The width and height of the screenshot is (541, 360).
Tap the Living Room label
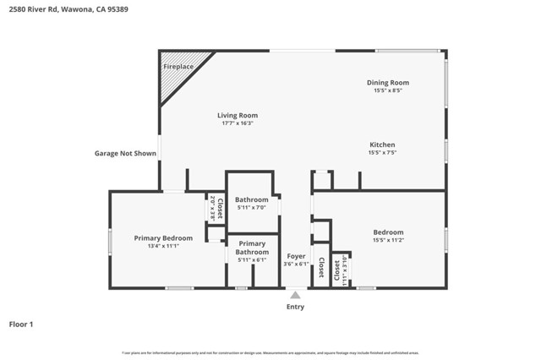pyautogui.click(x=238, y=115)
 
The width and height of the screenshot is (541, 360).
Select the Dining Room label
pyautogui.click(x=387, y=82)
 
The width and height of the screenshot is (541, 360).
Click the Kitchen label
pyautogui.click(x=382, y=145)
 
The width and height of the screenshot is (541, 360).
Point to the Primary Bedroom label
pyautogui.click(x=163, y=238)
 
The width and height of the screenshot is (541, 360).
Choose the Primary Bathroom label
pyautogui.click(x=252, y=248)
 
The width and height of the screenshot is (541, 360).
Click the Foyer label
pyautogui.click(x=296, y=255)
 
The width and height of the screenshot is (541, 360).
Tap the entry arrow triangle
pyautogui.click(x=295, y=295)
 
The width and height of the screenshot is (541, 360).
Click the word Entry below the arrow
pyautogui.click(x=295, y=307)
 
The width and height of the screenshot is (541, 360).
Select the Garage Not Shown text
pyautogui.click(x=125, y=154)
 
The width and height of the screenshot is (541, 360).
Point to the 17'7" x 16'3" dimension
pyautogui.click(x=238, y=123)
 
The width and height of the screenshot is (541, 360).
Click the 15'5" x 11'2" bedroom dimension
pyautogui.click(x=388, y=240)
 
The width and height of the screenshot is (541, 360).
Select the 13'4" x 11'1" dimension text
pyautogui.click(x=163, y=247)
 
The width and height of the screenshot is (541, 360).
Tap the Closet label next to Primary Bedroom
pyautogui.click(x=216, y=208)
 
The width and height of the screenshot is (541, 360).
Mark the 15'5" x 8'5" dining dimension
pyautogui.click(x=387, y=90)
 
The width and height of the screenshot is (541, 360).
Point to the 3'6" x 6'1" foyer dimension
pyautogui.click(x=296, y=264)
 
